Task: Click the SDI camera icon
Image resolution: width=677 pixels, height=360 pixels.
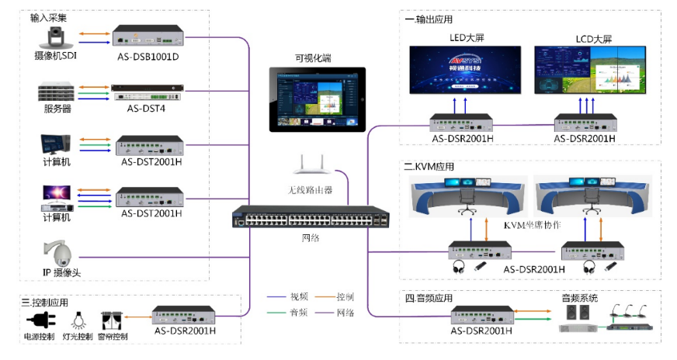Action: [x=56, y=36]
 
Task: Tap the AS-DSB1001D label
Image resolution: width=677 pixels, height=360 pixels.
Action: [x=148, y=57]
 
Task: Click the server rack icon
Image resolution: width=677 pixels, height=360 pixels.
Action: [x=56, y=90]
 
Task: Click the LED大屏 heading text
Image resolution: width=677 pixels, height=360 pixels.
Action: [x=465, y=37]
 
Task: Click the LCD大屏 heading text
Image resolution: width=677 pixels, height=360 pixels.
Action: [x=592, y=37]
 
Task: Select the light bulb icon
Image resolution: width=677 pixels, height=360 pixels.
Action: [x=78, y=320]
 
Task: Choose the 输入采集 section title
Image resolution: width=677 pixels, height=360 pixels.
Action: [x=47, y=17]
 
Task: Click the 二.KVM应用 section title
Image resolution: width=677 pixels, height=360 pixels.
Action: [x=429, y=166]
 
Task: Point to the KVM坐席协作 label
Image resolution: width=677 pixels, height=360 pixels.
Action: [x=532, y=225]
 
